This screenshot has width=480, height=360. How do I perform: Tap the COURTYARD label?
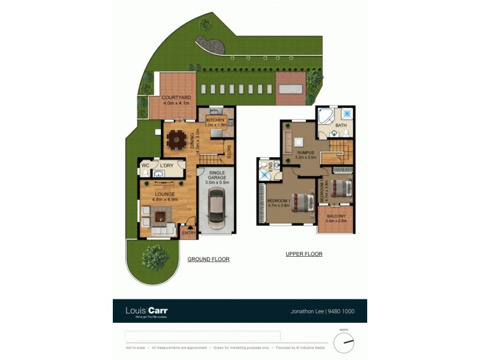click(x=176, y=97)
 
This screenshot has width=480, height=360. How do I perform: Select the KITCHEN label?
click(x=215, y=120)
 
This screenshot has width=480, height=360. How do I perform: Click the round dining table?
click(x=176, y=140)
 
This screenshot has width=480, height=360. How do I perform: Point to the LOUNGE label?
click(x=164, y=194)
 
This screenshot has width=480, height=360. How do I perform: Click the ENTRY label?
click(x=189, y=233)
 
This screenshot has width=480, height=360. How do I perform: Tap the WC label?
click(x=145, y=165)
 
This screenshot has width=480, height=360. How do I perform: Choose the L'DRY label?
click(x=167, y=165)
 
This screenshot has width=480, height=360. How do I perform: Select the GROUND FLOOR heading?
click(x=208, y=259)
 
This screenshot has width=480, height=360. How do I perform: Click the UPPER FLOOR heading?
click(x=304, y=254)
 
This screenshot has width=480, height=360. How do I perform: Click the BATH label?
click(x=341, y=125)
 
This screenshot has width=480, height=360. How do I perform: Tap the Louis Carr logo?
click(x=146, y=311)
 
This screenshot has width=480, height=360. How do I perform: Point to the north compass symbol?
click(x=344, y=343)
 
